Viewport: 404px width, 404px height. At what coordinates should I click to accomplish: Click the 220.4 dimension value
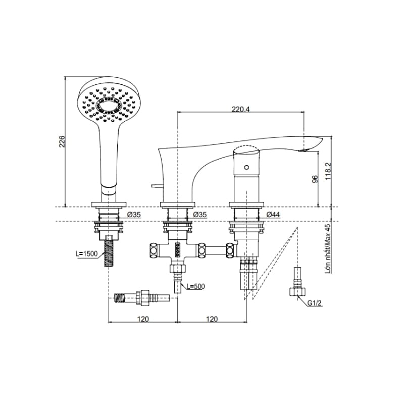tap(240, 109)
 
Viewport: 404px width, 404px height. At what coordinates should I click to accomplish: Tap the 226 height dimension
tap(62, 141)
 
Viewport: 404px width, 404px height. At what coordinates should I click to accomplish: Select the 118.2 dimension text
tap(328, 172)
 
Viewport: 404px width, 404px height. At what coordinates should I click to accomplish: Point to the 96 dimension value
tap(315, 179)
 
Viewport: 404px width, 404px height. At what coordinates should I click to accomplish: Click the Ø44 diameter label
tap(273, 214)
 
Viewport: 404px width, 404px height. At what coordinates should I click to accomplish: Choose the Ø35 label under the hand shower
tap(134, 214)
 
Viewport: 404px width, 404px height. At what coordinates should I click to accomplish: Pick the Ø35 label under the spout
tap(199, 214)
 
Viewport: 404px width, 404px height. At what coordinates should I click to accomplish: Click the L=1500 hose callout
tap(86, 254)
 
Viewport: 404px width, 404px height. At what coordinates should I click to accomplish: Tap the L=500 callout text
tap(195, 286)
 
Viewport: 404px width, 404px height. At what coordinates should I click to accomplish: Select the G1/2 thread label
tap(315, 304)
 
